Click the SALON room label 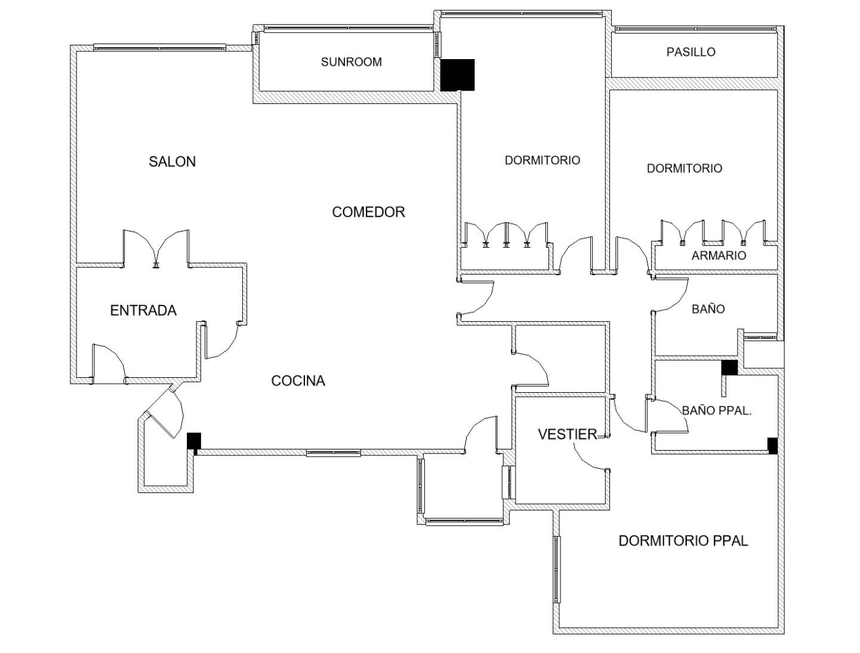(x=172, y=161)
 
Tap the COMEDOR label (x=368, y=212)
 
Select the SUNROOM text (x=351, y=61)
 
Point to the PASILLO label (x=691, y=52)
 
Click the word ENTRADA (x=143, y=310)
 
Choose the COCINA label (x=298, y=381)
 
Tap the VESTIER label (x=567, y=435)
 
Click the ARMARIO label (x=719, y=255)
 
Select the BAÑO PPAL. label (x=716, y=411)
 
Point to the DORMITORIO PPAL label (x=683, y=541)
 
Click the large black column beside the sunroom (x=457, y=75)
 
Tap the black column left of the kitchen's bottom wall (x=193, y=441)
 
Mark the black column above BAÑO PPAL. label (x=729, y=368)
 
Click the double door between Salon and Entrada (x=156, y=248)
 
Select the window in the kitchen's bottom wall (x=333, y=453)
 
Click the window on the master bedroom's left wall (x=557, y=569)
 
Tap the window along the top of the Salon (x=159, y=47)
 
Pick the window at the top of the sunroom (x=348, y=27)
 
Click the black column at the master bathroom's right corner (x=772, y=446)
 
